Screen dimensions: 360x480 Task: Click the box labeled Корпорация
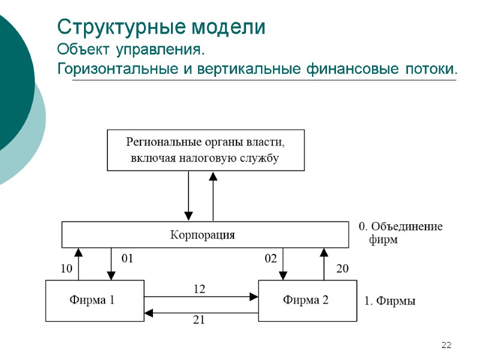[x=205, y=235]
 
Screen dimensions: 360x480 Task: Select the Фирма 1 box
[x=95, y=301]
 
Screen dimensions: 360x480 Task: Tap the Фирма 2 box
[x=306, y=301]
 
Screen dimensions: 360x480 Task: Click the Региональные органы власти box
[x=205, y=150]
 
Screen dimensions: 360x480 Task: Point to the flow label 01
[x=127, y=259]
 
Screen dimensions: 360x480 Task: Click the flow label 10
[x=66, y=269]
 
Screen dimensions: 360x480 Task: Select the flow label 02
[x=271, y=259]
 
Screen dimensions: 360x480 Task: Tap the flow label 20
[x=342, y=269]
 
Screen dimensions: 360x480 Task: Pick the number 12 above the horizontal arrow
[x=199, y=289]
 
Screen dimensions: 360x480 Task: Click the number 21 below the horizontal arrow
[x=199, y=320]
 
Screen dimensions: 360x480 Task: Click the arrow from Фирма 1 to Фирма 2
[x=201, y=296]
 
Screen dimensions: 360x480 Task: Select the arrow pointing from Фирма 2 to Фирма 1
[x=201, y=312]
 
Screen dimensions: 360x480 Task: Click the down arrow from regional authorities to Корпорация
[x=188, y=196]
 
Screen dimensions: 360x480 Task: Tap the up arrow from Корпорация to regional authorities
[x=213, y=196]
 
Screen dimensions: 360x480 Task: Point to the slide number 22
[x=446, y=345]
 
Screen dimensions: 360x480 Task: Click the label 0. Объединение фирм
[x=400, y=233]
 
